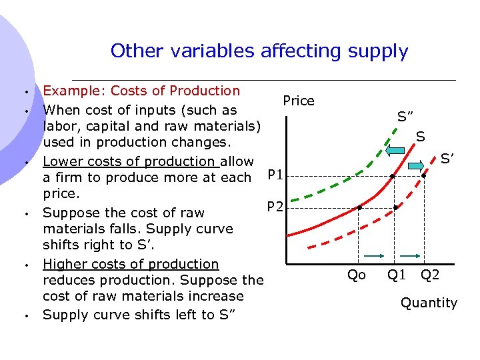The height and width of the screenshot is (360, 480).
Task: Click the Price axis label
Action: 298,101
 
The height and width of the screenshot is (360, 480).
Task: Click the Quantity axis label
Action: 429,303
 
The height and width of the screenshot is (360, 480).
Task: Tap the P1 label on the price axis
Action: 275,176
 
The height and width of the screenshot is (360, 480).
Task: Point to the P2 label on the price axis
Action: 275,207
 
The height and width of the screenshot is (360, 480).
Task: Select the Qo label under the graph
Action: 357,275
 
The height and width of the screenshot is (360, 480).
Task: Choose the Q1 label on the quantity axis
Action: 397,274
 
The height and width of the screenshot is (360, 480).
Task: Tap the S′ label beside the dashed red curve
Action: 447,159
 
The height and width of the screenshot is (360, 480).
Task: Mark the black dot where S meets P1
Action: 393,177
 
